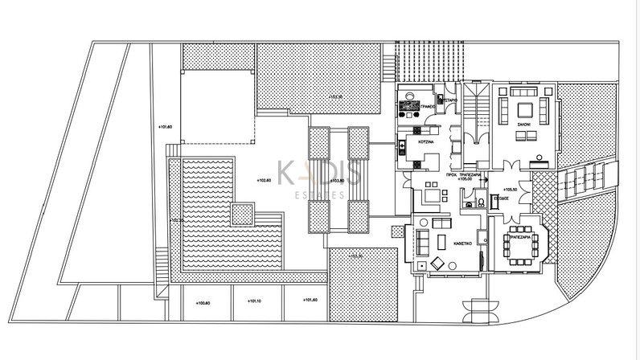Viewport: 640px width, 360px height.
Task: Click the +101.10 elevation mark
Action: (254, 303)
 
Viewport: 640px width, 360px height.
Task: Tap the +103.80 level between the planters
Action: (337, 181)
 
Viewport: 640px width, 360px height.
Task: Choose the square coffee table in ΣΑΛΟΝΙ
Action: (525, 110)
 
